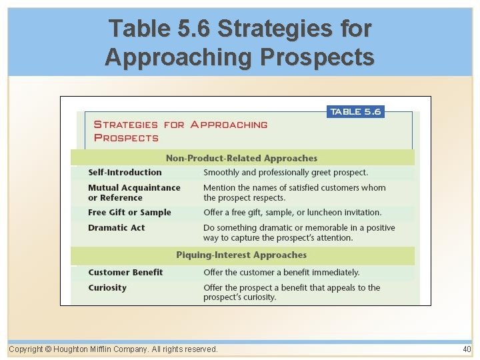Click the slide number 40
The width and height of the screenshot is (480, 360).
(466, 349)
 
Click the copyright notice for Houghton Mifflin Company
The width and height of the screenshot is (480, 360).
(113, 349)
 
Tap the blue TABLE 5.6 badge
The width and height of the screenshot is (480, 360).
(355, 112)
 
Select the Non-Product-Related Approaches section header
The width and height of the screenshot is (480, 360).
(241, 158)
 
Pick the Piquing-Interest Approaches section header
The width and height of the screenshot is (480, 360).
(241, 255)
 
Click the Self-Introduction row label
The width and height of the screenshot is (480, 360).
(125, 172)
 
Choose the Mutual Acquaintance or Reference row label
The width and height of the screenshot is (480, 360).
(134, 193)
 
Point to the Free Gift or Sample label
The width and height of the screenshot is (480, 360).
(129, 213)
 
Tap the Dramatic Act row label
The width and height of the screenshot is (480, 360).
(116, 228)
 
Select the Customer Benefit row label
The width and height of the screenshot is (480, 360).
(125, 273)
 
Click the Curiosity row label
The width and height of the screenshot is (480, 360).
(107, 288)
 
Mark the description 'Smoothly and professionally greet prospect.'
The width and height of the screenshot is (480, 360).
(285, 172)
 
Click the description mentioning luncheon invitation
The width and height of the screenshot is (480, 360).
(292, 213)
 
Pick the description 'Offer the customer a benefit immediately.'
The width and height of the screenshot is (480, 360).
(281, 273)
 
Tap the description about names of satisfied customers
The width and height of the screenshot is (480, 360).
(294, 193)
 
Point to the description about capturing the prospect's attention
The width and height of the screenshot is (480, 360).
(299, 233)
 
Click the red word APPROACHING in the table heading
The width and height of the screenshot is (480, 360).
(229, 125)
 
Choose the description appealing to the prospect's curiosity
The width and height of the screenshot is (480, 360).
(291, 293)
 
